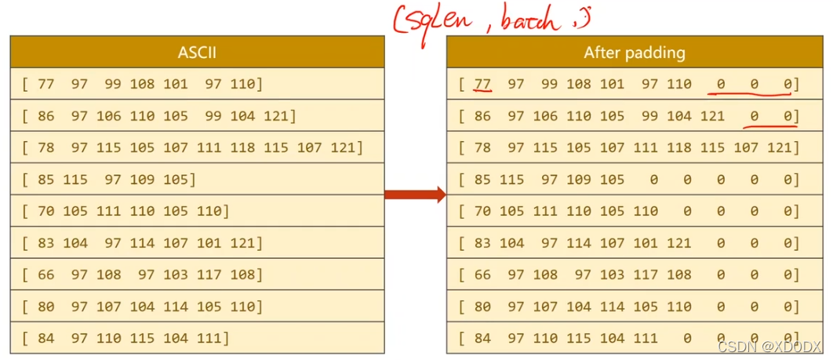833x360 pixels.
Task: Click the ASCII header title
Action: click(197, 53)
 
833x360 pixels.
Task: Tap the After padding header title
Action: click(634, 53)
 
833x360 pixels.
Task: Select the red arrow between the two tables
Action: click(415, 195)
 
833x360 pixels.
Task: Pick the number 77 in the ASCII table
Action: click(45, 84)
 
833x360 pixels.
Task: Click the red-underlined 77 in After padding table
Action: click(482, 84)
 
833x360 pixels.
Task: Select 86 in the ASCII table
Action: click(45, 116)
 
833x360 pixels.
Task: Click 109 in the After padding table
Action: click(579, 180)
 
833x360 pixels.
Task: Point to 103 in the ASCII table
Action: click(176, 275)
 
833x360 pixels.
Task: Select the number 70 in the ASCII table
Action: click(45, 211)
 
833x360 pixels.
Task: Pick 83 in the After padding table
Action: click(482, 243)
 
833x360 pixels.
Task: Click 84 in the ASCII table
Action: click(45, 338)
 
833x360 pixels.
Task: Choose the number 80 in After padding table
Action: click(482, 307)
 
